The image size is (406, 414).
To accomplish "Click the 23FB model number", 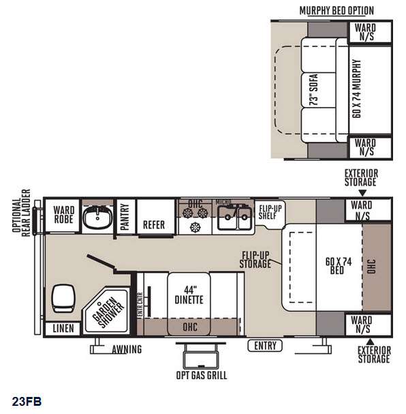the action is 27,401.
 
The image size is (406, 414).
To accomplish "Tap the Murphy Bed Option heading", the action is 337,10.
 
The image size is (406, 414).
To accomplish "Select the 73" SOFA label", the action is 313,89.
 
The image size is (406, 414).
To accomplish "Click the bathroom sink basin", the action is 97,217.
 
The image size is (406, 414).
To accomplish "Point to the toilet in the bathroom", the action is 63,298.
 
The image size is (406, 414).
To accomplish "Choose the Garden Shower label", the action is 108,312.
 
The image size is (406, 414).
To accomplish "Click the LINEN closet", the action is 63,329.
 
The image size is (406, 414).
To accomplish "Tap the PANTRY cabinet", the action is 125,216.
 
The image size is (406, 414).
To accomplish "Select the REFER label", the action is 154,225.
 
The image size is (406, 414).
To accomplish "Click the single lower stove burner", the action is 195,226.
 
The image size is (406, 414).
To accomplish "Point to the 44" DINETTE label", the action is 189,295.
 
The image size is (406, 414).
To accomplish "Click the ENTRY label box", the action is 265,346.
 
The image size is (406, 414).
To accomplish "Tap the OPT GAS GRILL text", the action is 202,375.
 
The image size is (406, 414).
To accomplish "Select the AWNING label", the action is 127,349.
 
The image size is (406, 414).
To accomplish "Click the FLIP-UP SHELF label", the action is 270,212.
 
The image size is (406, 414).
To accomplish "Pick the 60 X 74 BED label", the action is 339,266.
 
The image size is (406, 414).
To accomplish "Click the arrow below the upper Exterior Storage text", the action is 362,193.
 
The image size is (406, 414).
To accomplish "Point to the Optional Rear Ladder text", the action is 21,213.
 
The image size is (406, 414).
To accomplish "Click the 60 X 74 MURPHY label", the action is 356,89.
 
